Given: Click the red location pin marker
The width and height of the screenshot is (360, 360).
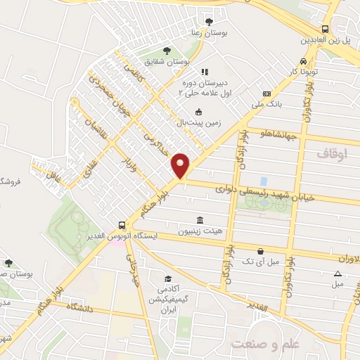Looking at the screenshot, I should tap(181, 165).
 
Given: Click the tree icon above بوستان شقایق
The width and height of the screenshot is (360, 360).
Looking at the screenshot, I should tap(166, 50).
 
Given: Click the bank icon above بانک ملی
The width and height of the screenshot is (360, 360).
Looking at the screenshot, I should tap(266, 94).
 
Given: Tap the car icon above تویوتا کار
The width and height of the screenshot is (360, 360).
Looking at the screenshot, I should tap(303, 60).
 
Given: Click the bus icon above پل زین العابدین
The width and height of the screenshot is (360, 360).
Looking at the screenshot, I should tap(325, 29).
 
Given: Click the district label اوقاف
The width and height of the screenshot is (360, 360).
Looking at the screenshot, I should tap(332, 153).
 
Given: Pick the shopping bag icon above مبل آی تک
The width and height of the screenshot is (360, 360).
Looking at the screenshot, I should tap(261, 250).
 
